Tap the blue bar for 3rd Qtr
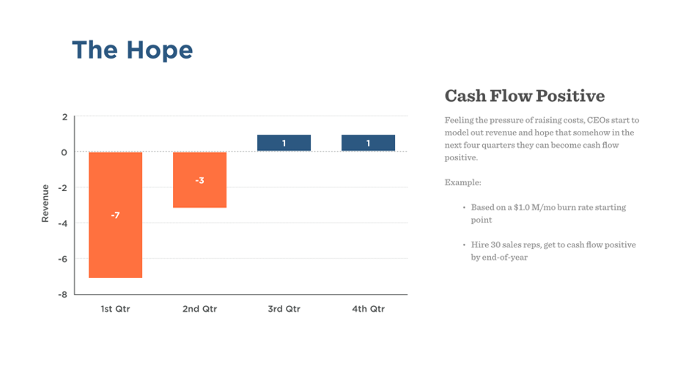point(284,143)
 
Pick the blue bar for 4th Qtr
point(368,143)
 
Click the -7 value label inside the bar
point(115,215)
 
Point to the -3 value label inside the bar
point(199,180)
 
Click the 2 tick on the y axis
point(64,117)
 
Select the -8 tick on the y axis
point(63,294)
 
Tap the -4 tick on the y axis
point(63,223)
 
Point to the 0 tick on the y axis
point(64,152)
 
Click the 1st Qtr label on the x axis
point(115,309)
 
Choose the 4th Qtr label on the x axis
point(368,309)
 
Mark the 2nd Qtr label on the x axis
point(199,309)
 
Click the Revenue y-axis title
point(45,203)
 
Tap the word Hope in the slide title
point(159,51)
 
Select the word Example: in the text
point(462,182)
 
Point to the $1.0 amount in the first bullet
point(514,208)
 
